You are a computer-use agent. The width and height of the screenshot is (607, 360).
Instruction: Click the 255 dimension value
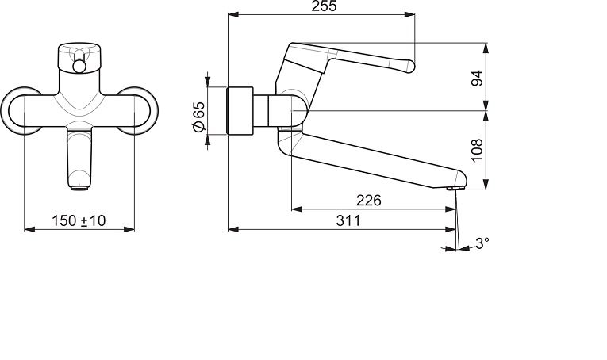pos(324,6)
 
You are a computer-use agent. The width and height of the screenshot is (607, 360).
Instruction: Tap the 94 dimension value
pos(478,78)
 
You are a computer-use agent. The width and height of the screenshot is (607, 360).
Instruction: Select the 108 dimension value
pos(478,150)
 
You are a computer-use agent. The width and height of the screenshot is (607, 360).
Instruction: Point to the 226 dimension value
pos(368,201)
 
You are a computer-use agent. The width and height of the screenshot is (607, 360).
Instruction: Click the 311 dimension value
pos(348,220)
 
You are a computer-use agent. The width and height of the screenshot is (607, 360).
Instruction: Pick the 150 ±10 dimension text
pos(79,220)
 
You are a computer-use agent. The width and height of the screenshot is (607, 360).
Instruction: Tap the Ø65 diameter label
pos(198,116)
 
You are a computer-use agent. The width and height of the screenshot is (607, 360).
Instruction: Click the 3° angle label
pos(482,243)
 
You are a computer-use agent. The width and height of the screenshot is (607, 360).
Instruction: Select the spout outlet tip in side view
pos(455,188)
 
